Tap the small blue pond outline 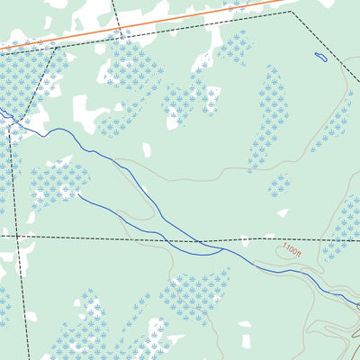click(x=320, y=58)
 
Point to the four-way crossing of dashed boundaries click(x=16, y=236)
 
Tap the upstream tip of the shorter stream click(x=79, y=193)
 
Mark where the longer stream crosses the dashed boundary click(x=199, y=241)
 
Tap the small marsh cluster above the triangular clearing click(x=280, y=185)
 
